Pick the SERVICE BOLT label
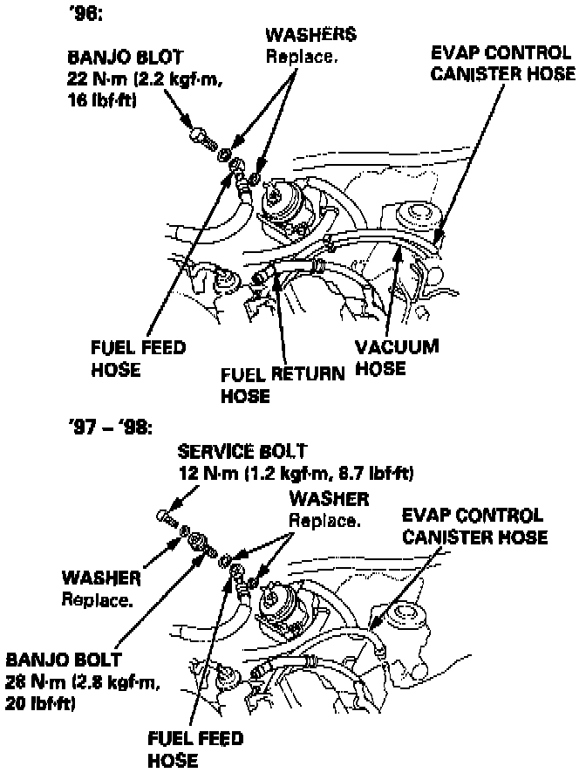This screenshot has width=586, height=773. pos(242,453)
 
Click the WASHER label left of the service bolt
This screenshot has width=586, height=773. pos(101,579)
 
